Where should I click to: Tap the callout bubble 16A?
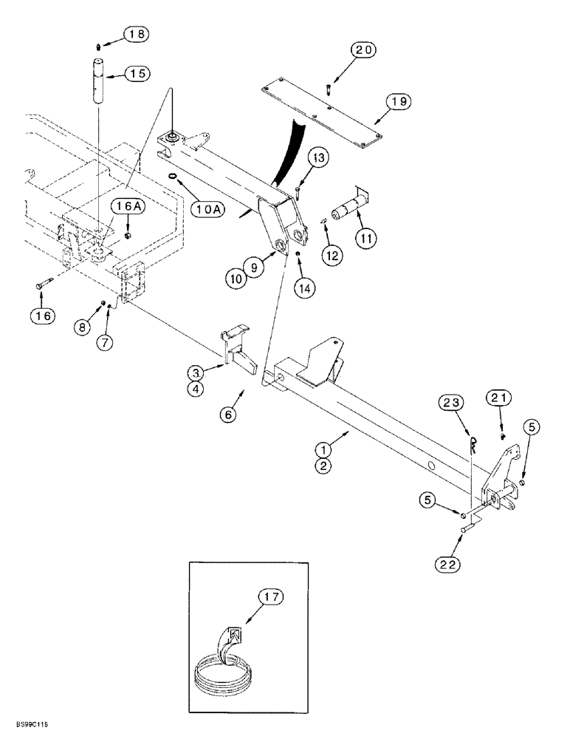tap(126, 206)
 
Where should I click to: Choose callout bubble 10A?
tap(210, 210)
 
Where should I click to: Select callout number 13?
tap(316, 158)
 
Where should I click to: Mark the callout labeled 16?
tap(44, 316)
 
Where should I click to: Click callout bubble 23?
tap(456, 403)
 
